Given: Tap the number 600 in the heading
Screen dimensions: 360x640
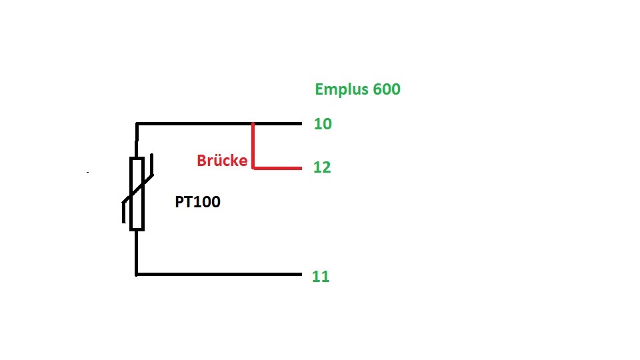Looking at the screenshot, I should (387, 89).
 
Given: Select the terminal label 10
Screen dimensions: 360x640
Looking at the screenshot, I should (323, 124).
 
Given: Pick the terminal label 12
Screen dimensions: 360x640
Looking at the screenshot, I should (322, 167).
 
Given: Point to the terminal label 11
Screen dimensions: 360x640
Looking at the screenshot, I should (321, 276).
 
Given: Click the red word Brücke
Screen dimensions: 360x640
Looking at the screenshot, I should (222, 161).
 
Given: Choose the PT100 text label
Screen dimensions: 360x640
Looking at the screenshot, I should (198, 202).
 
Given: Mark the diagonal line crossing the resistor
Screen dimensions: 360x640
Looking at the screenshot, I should (138, 192).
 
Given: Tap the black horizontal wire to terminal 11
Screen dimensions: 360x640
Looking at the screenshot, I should (220, 274).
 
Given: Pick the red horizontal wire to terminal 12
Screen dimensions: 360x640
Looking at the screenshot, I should (277, 167).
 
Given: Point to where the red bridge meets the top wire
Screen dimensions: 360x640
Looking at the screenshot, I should (253, 124).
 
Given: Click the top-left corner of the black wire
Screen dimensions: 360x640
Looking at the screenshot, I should (137, 124).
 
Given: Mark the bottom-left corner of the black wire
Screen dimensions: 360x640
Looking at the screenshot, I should (137, 273).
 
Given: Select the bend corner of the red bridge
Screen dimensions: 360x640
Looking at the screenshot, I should (253, 167).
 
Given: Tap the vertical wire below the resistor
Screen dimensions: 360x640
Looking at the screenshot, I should (137, 252).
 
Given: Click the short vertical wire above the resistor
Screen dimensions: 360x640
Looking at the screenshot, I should (137, 141).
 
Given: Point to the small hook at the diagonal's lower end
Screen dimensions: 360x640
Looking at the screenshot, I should (123, 212).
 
